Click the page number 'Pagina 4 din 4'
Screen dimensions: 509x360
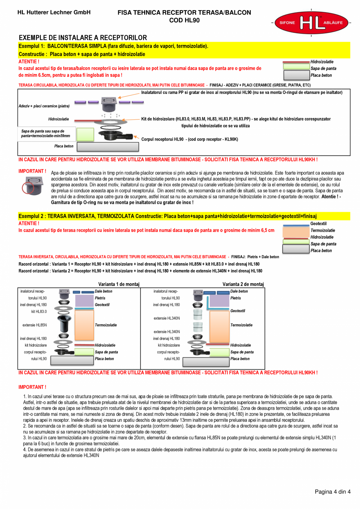tap(333, 492)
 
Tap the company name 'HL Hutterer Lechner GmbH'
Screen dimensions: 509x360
tap(54, 13)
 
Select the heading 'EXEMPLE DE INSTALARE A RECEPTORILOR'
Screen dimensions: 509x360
tap(83, 38)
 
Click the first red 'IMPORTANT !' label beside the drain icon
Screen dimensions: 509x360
tap(32, 171)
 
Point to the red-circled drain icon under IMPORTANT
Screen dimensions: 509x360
tap(32, 186)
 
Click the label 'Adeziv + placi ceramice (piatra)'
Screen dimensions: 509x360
tap(44, 106)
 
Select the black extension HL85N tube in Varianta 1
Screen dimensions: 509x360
tap(64, 324)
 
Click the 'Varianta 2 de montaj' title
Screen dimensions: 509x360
tap(243, 284)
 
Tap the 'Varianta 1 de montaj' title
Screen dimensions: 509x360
tap(119, 284)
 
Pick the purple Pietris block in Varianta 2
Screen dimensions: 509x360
tap(218, 301)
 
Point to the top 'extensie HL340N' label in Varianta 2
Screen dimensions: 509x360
tap(167, 318)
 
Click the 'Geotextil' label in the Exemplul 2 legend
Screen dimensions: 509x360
tap(318, 224)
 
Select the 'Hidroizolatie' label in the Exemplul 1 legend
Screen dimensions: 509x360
tap(322, 62)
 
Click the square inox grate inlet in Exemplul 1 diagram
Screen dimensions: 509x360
tap(108, 104)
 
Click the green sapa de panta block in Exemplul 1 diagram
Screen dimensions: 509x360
tap(85, 134)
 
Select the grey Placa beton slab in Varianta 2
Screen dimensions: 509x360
tap(206, 361)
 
